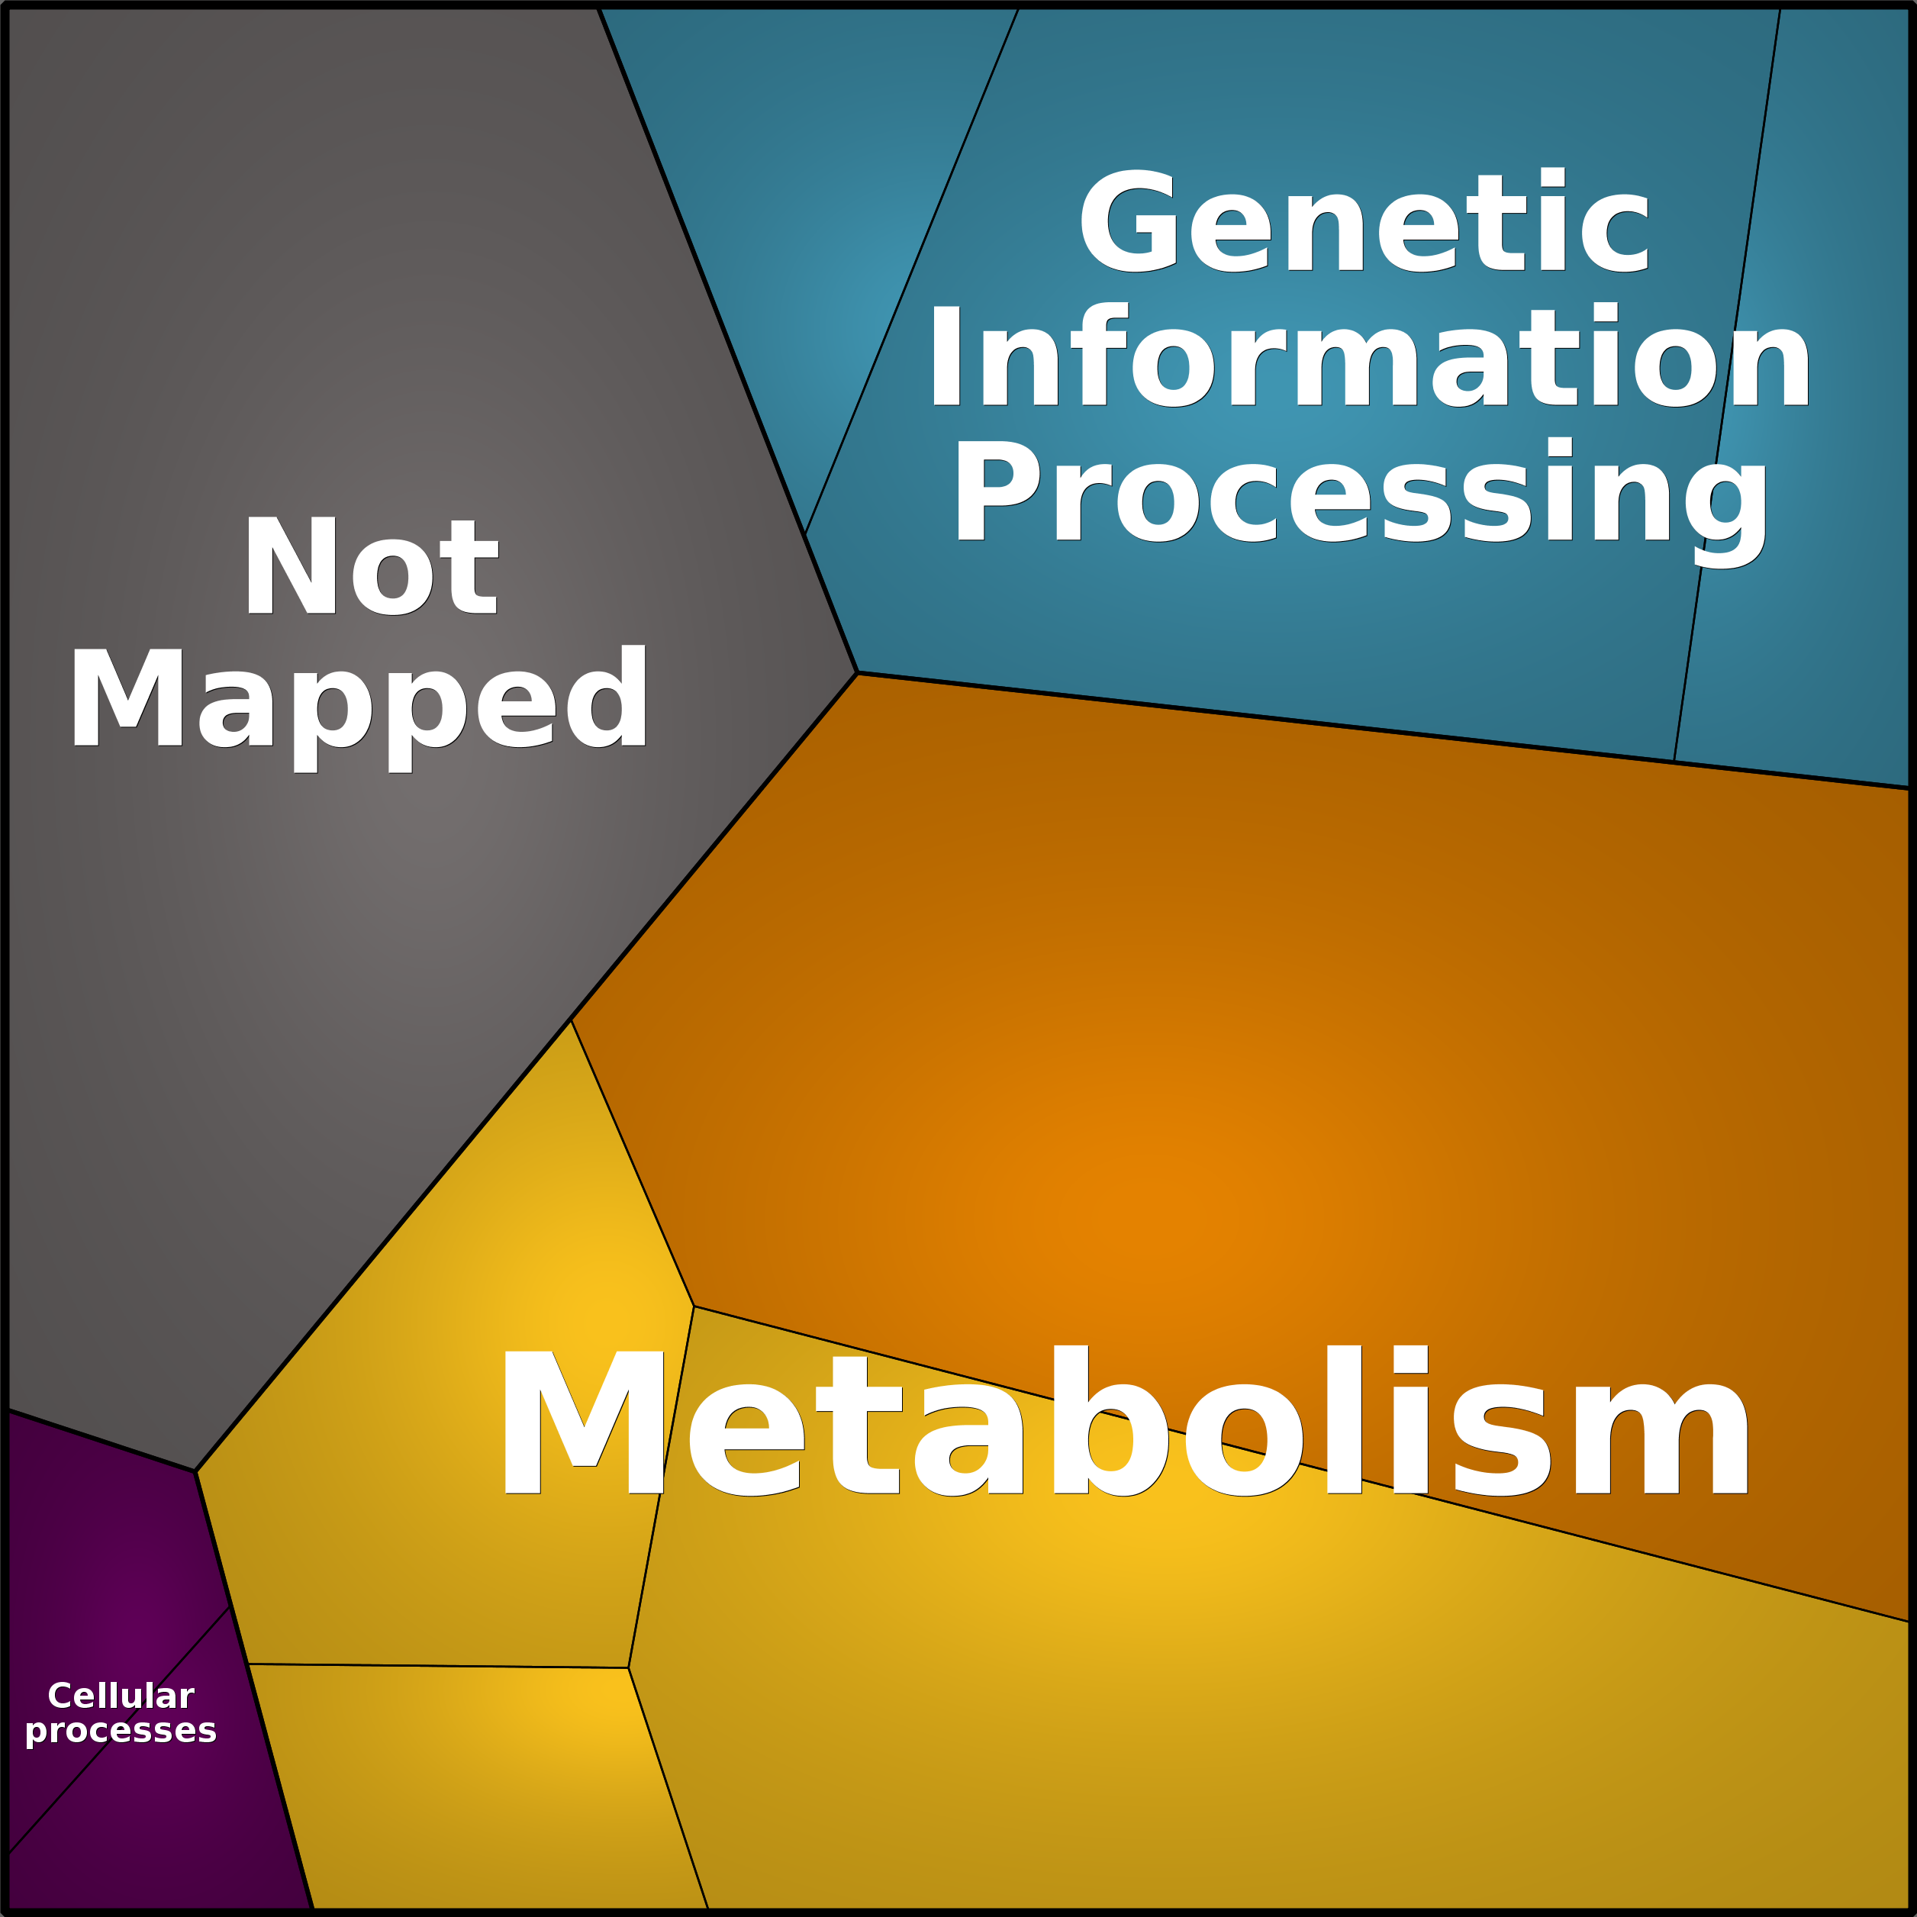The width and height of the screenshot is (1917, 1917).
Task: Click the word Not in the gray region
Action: point(371,565)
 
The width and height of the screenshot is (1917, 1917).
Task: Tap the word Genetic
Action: point(1364,221)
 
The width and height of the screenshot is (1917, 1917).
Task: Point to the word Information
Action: point(1369,355)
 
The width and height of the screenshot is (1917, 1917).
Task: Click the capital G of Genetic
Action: point(1128,221)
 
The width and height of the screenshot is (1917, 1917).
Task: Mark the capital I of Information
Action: point(946,355)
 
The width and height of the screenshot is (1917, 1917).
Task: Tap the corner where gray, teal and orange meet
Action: point(857,673)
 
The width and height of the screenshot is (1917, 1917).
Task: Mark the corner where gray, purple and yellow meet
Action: point(195,1471)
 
